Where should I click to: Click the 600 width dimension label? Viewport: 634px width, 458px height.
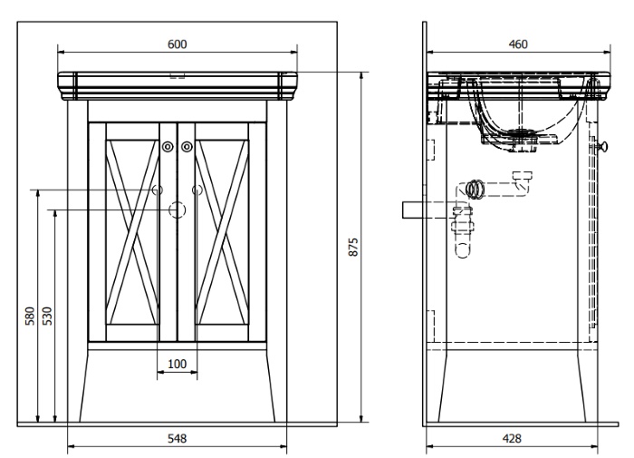[178, 44]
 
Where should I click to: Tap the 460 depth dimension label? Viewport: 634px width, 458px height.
[518, 44]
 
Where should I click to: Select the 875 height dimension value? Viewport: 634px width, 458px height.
[353, 247]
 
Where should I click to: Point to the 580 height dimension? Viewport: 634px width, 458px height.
[30, 316]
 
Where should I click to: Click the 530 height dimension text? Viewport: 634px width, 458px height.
[47, 316]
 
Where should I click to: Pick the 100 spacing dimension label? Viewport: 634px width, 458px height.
[178, 364]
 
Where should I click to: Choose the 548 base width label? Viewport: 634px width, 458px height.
[178, 438]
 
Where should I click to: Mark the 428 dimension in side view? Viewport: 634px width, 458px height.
[512, 438]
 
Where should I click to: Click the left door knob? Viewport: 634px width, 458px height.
[168, 147]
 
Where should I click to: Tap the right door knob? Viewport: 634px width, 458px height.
[187, 147]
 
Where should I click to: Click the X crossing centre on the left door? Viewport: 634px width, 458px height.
[132, 232]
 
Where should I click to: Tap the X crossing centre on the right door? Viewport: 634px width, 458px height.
[222, 232]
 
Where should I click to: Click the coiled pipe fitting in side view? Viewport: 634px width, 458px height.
[475, 190]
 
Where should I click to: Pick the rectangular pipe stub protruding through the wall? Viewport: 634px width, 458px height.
[412, 210]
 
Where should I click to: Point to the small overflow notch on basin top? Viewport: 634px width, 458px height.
[178, 75]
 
